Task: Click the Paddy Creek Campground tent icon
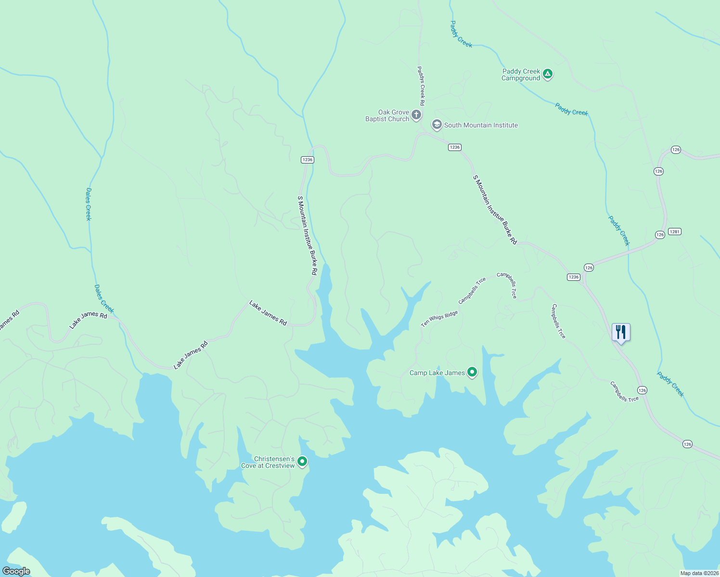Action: pos(547,74)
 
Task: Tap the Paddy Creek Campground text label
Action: pos(521,75)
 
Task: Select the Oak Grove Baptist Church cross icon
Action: pos(416,115)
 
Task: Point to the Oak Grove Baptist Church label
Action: pos(387,115)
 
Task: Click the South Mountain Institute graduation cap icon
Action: pos(437,125)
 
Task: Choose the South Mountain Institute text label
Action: pos(481,125)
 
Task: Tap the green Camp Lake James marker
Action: pos(472,372)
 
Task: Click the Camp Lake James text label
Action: pos(437,373)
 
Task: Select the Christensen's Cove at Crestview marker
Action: pos(302,462)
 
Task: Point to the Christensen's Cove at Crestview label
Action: pos(268,462)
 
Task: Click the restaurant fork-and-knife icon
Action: pos(621,332)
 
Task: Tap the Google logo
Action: pos(16,571)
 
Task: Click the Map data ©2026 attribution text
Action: pos(699,573)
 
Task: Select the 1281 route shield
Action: pos(675,232)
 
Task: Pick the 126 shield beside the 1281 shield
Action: pos(660,235)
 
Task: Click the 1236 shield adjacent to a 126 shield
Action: pos(573,277)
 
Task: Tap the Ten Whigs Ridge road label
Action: pos(439,319)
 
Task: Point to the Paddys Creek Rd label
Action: pos(421,86)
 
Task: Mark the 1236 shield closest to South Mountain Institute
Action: pos(455,147)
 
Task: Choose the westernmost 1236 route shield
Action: pos(308,160)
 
